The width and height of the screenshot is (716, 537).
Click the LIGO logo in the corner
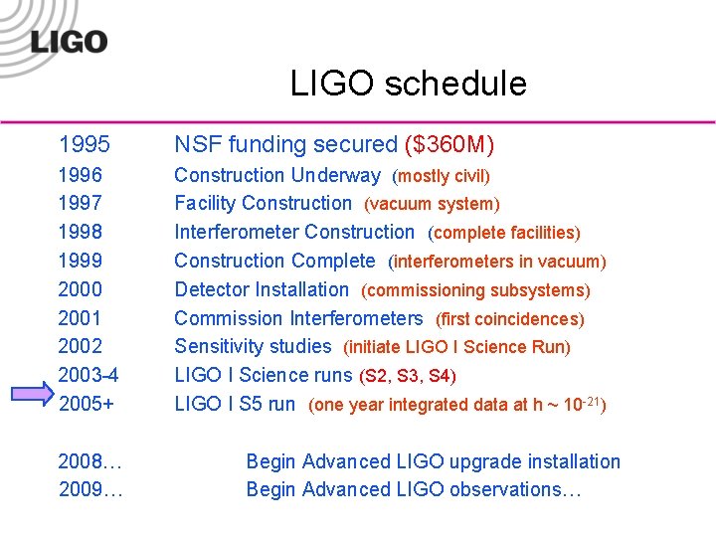[x=68, y=40]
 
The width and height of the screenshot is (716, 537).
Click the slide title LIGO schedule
[x=408, y=84]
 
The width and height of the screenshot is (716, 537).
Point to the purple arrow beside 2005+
[x=32, y=395]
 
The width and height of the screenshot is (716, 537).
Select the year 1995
[x=85, y=145]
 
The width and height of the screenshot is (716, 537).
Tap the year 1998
[x=81, y=233]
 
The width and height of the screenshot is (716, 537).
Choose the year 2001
[x=81, y=318]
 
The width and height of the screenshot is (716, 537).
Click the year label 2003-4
[x=89, y=376]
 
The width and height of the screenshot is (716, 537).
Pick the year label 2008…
[x=90, y=461]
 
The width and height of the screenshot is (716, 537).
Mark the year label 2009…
[x=90, y=489]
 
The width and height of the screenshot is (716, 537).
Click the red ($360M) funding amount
[x=449, y=145]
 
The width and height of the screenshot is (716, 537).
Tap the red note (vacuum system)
[x=432, y=205]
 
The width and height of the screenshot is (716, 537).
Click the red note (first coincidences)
[x=510, y=319]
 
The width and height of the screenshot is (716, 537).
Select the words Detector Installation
[x=262, y=290]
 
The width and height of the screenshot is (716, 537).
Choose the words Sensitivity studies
[x=253, y=347]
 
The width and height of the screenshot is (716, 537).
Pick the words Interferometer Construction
[x=294, y=233]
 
